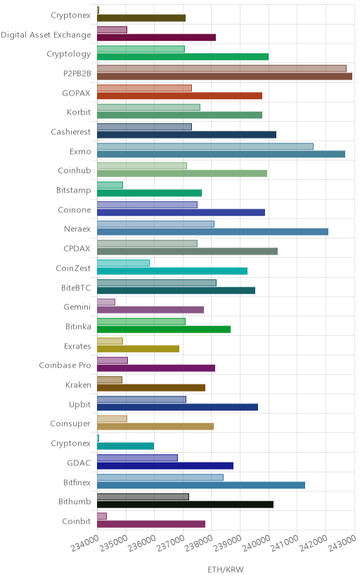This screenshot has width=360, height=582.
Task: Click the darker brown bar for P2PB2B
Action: tap(224, 77)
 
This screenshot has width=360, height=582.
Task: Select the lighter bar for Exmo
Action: tap(205, 146)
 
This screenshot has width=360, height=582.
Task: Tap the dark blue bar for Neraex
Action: tap(212, 232)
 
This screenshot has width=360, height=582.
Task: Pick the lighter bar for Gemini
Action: tap(106, 302)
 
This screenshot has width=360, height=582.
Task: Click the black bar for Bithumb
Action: tap(185, 505)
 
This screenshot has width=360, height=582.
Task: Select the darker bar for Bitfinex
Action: tap(201, 485)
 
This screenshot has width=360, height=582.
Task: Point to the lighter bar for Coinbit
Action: tap(102, 517)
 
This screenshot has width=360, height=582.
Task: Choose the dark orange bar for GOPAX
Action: tap(179, 96)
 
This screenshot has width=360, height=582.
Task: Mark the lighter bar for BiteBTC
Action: tap(157, 283)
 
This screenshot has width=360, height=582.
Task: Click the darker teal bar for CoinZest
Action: tap(172, 271)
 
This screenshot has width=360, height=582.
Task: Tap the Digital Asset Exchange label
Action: tap(46, 35)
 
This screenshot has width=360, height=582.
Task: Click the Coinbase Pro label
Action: tap(65, 366)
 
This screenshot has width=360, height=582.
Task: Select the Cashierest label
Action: tap(71, 131)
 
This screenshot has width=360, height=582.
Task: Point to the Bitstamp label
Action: tap(74, 190)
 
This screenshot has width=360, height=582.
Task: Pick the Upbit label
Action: tap(79, 404)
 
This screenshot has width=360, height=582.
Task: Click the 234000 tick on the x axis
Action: tap(85, 543)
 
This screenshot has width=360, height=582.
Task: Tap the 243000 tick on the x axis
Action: tap(342, 543)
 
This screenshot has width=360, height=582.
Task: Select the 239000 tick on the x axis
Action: tap(228, 543)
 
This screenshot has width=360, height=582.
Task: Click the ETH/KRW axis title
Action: tap(226, 570)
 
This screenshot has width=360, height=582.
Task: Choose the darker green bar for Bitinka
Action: tap(164, 329)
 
